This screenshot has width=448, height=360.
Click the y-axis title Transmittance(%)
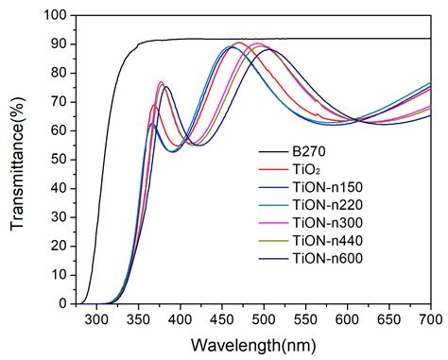click(17, 159)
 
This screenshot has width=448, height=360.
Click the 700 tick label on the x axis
click(431, 319)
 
